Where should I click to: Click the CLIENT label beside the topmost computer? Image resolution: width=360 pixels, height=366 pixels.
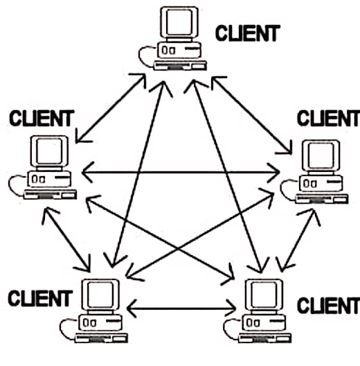[x=248, y=33]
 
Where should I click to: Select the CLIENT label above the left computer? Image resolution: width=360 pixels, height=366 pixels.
[x=42, y=119]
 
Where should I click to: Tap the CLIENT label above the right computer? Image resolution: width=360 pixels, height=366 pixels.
[x=329, y=119]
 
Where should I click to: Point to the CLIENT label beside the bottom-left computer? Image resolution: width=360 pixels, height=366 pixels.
[x=40, y=298]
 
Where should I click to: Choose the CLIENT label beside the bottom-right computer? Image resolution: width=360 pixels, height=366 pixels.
[x=329, y=306]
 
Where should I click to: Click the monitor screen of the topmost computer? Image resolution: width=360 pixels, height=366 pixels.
[x=179, y=22]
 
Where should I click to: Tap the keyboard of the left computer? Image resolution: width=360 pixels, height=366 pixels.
[x=50, y=195]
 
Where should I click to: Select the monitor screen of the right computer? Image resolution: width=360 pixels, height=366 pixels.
[x=321, y=155]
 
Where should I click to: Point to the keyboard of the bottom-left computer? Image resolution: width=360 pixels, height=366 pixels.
[x=101, y=338]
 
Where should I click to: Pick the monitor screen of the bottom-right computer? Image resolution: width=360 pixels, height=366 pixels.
[x=264, y=295]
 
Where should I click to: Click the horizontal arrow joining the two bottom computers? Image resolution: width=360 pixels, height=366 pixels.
[x=181, y=308]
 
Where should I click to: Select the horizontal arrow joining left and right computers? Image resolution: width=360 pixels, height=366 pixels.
[x=181, y=173]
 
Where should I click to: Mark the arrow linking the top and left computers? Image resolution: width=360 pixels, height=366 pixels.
[x=111, y=108]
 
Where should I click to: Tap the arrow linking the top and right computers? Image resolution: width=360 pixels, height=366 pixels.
[x=251, y=115]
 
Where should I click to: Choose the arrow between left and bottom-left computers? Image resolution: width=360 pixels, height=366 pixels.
[x=66, y=239]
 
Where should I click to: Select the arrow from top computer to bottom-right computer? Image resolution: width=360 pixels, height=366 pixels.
[x=228, y=176]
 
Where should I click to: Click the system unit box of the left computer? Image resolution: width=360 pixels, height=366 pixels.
[x=49, y=179]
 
